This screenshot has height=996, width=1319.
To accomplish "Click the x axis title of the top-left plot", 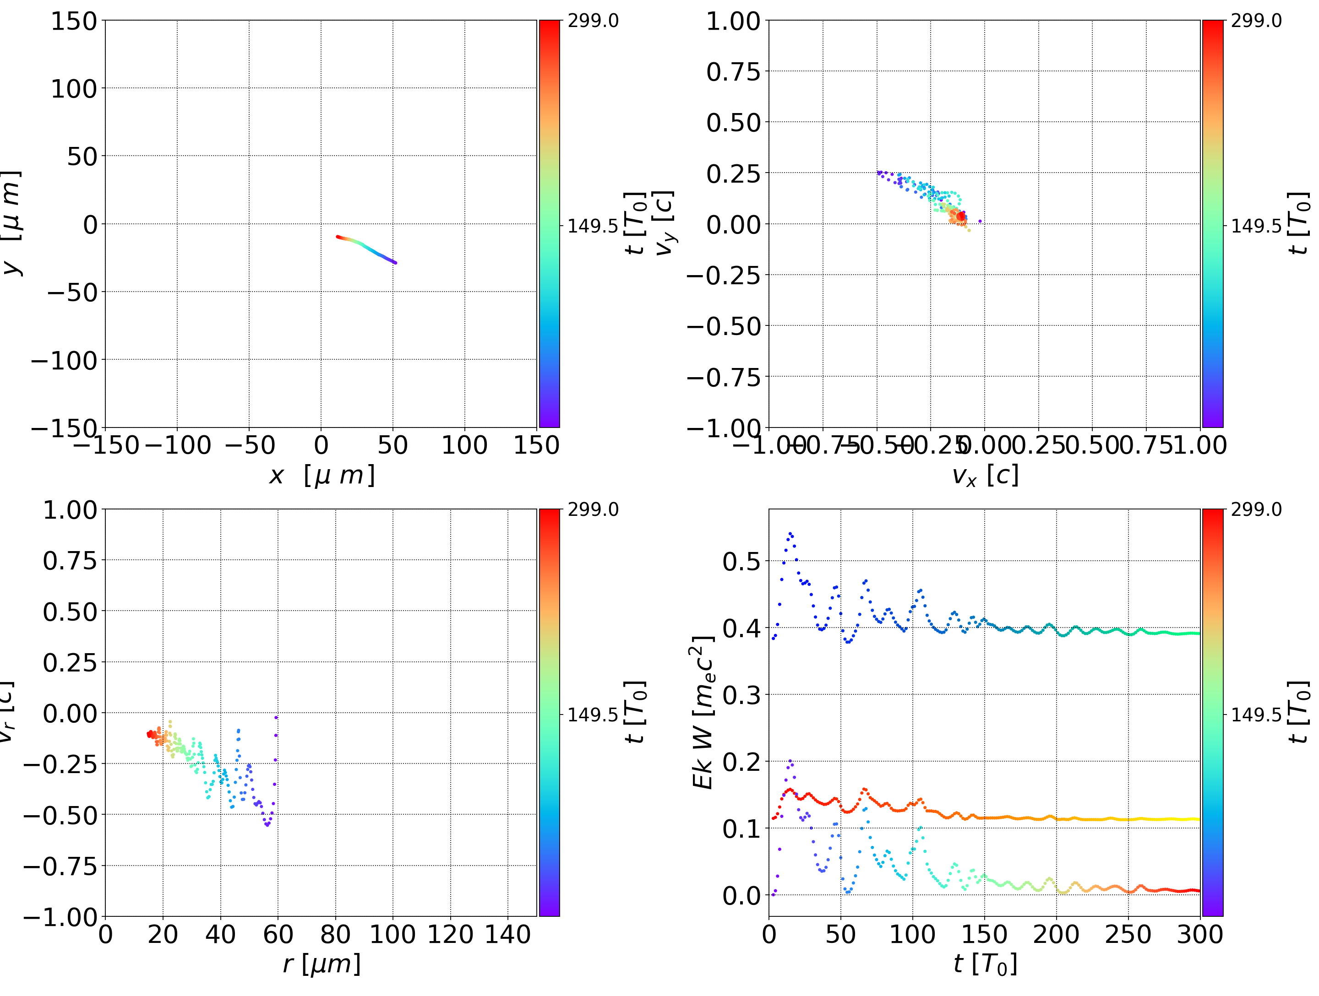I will coord(322,476).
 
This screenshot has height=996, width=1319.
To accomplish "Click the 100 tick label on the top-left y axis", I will coord(73,89).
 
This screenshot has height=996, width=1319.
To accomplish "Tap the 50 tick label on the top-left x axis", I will coord(392,445).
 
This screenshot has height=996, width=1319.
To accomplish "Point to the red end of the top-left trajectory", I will coord(338,237).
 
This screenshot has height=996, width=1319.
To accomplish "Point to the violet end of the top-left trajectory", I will coord(395,262).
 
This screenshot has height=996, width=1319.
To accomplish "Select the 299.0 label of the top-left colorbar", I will coord(593,21).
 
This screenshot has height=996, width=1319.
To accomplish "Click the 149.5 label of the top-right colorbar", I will coord(1256,226).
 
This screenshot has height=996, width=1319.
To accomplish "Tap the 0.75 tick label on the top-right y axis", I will coord(733,72).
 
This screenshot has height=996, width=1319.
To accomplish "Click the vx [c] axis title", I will coord(985,476).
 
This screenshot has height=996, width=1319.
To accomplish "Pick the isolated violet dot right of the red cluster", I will coord(980,221).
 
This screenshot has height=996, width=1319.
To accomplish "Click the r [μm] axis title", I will coord(322,964).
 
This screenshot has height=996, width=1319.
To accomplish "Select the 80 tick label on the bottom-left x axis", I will coord(335,935).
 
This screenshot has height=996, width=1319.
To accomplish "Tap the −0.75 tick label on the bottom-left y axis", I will coord(60,866).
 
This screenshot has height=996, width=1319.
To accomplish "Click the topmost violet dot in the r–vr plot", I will coord(276,717).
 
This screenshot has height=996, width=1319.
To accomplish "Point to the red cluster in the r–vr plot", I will coord(152,734).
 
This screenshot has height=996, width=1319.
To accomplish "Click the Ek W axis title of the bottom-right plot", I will coord(703,712).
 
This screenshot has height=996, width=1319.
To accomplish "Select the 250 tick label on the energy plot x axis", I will coord(1128,935).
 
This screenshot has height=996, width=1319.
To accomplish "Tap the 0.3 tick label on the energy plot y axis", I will coord(742,695).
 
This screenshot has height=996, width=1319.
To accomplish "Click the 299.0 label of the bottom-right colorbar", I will coord(1256,509).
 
